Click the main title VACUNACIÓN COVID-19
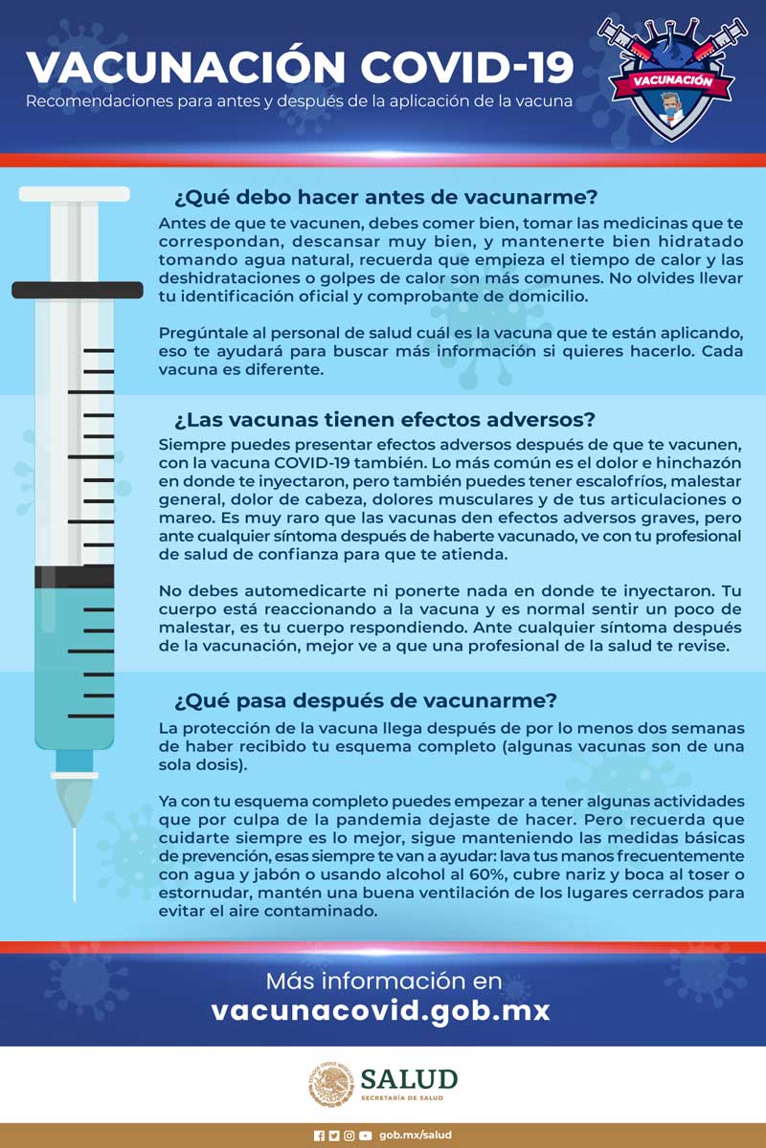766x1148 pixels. click(300, 67)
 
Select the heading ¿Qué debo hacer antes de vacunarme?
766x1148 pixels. click(385, 198)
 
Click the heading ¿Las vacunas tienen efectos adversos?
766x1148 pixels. click(385, 420)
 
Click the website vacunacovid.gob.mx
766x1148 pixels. click(381, 1010)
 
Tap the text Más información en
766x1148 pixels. click(383, 981)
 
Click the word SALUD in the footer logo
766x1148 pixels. click(409, 1079)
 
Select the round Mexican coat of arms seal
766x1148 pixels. click(330, 1086)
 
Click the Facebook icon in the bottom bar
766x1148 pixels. click(319, 1136)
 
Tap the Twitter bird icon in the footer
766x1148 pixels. click(334, 1136)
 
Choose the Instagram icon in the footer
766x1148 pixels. click(349, 1136)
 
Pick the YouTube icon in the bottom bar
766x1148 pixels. click(365, 1136)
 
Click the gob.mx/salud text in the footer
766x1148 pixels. click(415, 1136)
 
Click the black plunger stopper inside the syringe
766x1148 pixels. click(74, 577)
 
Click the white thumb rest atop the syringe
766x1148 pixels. click(74, 194)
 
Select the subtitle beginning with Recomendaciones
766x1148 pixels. click(299, 100)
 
